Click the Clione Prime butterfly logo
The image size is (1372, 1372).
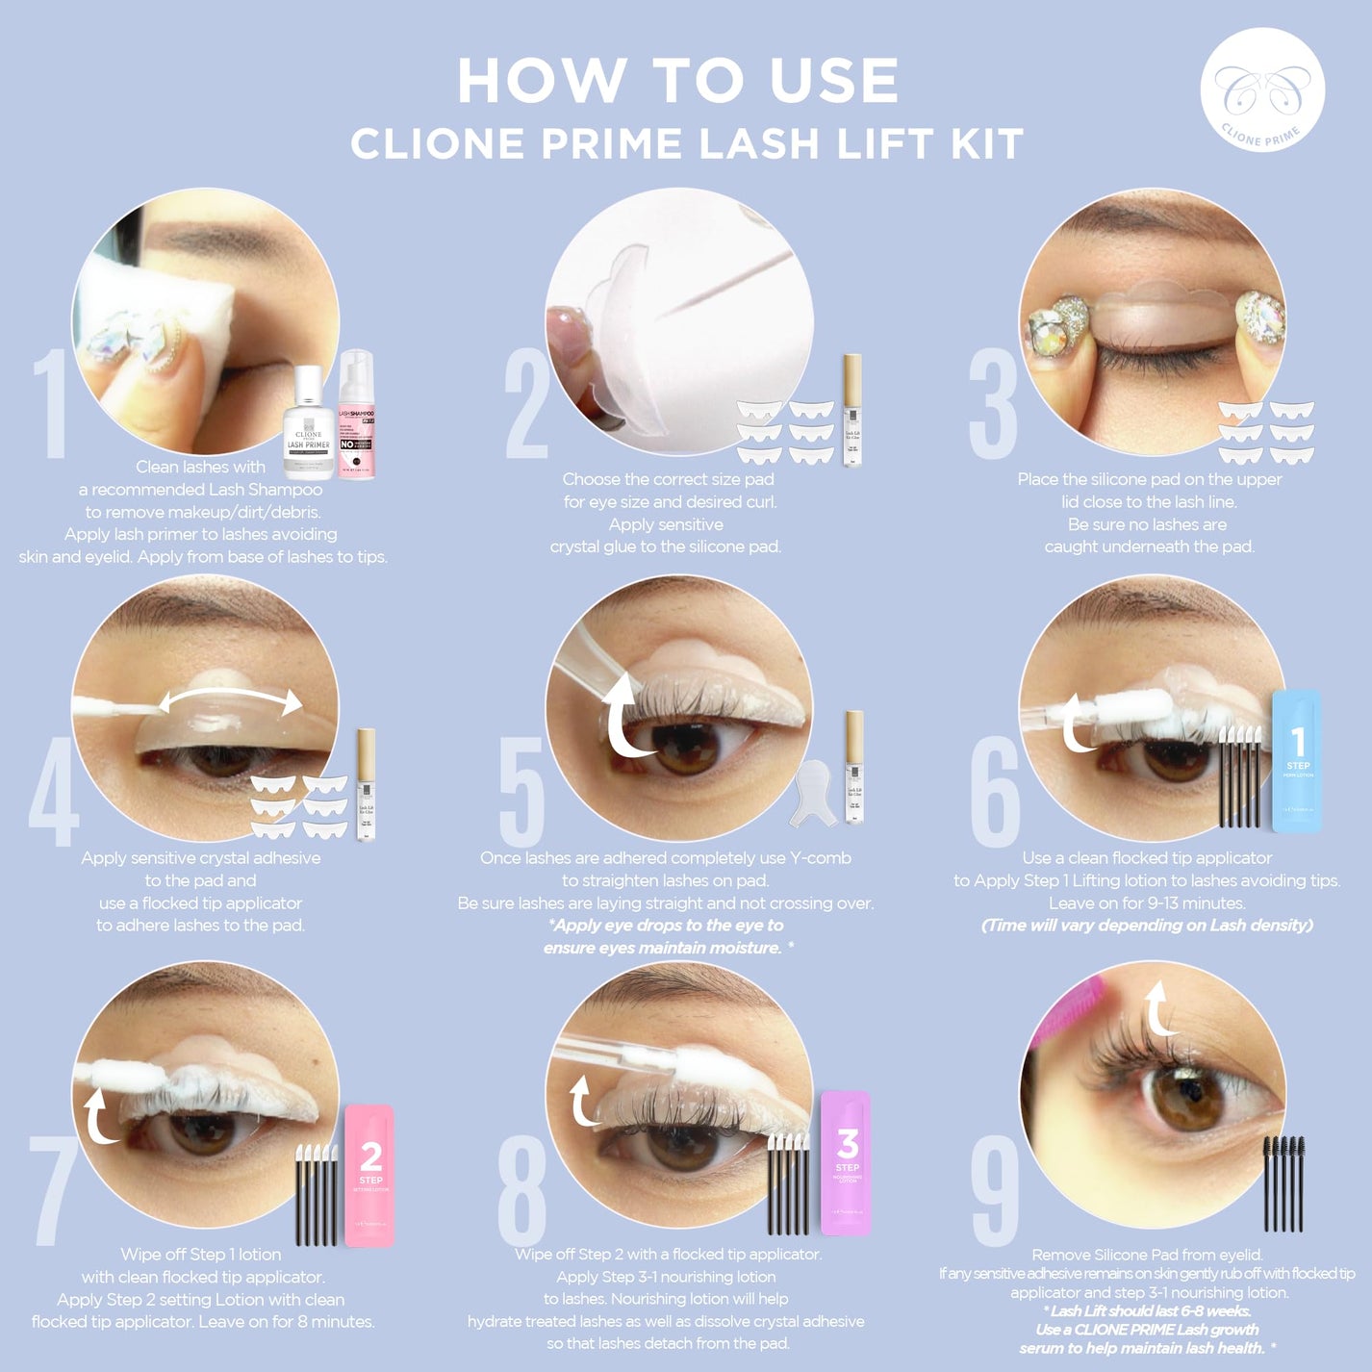coord(1262,90)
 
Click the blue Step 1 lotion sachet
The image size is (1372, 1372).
coord(1297,760)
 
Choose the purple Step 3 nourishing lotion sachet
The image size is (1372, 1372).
coord(846,1162)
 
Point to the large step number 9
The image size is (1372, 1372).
coord(995,1190)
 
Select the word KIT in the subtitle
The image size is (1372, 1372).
coord(987,144)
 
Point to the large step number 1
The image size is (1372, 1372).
coord(50,404)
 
